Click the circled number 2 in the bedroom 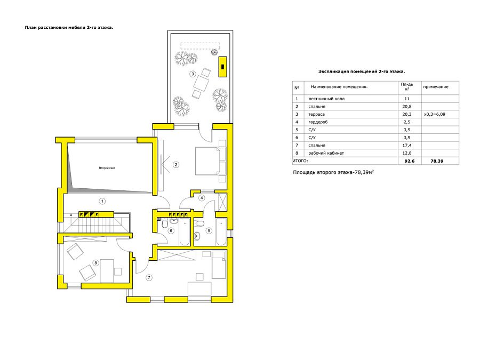point(175,165)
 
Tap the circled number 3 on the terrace point(193,74)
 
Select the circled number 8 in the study point(96,262)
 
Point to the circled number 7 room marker point(149,278)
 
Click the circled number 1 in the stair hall point(102,201)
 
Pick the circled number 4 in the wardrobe point(202,198)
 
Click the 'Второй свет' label point(107,168)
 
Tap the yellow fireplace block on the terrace point(222,67)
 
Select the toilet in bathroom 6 point(164,225)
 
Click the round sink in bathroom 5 point(197,236)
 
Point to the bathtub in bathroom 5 point(221,232)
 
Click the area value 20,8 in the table point(407,107)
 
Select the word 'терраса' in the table point(316,114)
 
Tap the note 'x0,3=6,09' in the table point(434,114)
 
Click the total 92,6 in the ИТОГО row point(409,161)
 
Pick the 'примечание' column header point(436,87)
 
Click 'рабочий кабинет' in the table point(326,153)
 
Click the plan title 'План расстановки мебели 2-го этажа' point(69,28)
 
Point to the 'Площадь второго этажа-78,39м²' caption point(333,172)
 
